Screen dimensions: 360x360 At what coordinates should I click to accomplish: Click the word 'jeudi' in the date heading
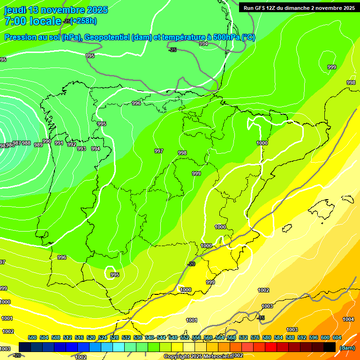[15, 10]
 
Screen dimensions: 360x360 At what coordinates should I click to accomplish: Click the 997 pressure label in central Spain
[159, 151]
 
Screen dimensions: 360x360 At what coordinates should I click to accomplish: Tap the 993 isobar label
[82, 149]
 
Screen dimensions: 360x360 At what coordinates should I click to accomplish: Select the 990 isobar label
[47, 141]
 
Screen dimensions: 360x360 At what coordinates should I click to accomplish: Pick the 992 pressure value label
[71, 144]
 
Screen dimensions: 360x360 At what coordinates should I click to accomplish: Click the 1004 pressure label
[348, 319]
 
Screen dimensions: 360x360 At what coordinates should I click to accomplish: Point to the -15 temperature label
[261, 318]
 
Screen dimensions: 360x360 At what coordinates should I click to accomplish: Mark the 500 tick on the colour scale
[32, 337]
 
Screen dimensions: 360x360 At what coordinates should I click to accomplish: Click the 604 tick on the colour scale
[337, 337]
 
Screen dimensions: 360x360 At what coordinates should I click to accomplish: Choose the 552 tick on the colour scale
[185, 337]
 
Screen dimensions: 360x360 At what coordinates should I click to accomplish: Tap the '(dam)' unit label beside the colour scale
[347, 348]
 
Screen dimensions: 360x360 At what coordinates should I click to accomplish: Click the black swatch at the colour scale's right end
[330, 347]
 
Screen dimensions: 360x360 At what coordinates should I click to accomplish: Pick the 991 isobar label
[59, 143]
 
